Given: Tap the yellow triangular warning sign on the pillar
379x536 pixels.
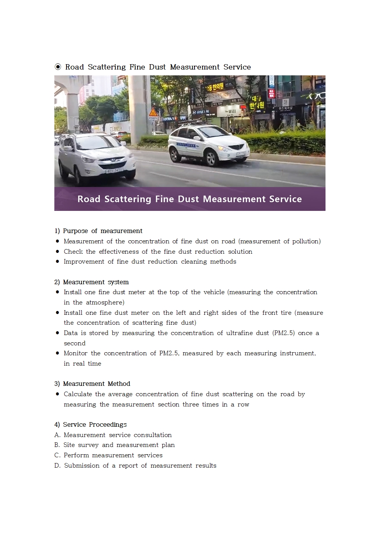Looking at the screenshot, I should click(153, 112).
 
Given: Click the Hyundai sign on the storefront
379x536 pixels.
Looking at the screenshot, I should click(201, 112).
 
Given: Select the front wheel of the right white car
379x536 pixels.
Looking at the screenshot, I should click(210, 159).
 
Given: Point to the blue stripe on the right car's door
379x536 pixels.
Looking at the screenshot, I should click(186, 145).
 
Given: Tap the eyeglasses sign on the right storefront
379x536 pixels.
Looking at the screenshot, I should click(317, 96).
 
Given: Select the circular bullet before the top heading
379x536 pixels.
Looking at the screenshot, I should click(58, 67).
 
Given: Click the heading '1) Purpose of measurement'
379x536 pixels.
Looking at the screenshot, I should click(99, 231).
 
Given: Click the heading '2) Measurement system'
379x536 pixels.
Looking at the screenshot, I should click(92, 282).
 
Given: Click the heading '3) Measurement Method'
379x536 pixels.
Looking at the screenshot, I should click(92, 384).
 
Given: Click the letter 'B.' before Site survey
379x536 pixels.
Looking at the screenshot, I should click(57, 445).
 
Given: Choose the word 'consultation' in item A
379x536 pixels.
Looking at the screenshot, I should click(152, 435).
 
